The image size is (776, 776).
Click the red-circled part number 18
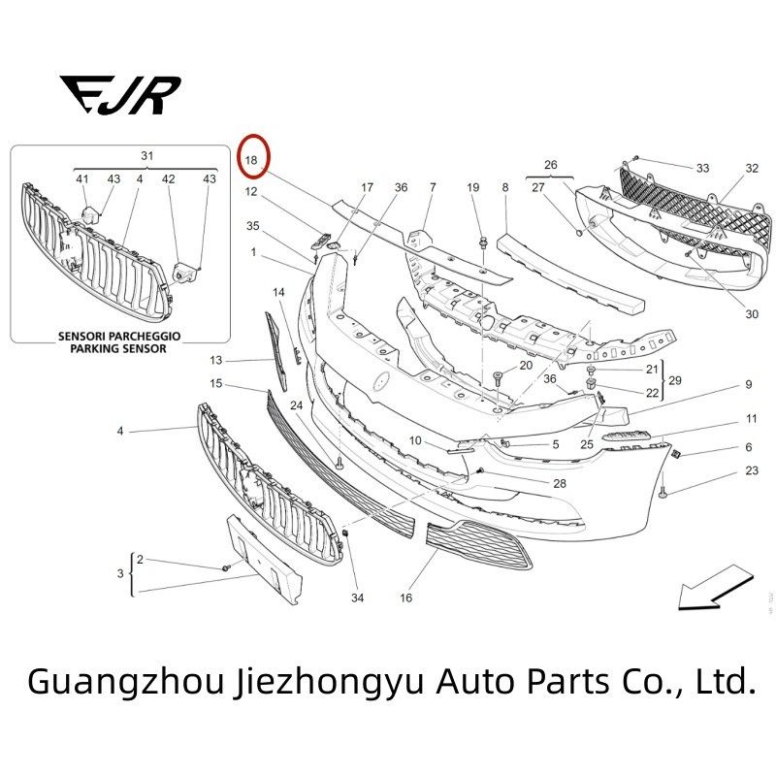point(251,160)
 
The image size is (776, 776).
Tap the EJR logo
point(120,95)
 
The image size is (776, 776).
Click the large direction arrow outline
point(716,588)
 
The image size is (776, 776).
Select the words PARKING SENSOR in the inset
point(118,348)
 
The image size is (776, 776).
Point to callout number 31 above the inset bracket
point(147,156)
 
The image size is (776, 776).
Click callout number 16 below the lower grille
point(405,598)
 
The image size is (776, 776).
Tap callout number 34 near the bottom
point(357,598)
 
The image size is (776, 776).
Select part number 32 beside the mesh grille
point(752,168)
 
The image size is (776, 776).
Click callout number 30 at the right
point(752,314)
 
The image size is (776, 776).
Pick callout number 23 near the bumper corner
point(752,470)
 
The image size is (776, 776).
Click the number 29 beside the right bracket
point(675,380)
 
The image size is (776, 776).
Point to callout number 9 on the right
point(748,384)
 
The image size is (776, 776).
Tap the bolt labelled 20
point(498,379)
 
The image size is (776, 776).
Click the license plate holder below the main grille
point(264,560)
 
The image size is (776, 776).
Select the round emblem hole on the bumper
point(381,380)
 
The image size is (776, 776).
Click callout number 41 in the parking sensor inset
point(82,178)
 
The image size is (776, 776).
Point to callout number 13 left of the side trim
point(215,360)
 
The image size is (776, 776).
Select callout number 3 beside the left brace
point(120,573)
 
